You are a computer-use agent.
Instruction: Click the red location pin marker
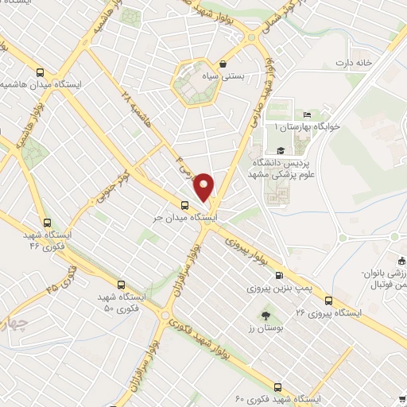coord(205,186)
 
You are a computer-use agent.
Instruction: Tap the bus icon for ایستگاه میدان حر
coord(185,204)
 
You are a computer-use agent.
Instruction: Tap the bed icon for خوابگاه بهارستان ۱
coord(308,116)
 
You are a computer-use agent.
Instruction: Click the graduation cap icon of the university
coord(280,150)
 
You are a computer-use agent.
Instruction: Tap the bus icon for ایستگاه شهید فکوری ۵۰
coord(121,284)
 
